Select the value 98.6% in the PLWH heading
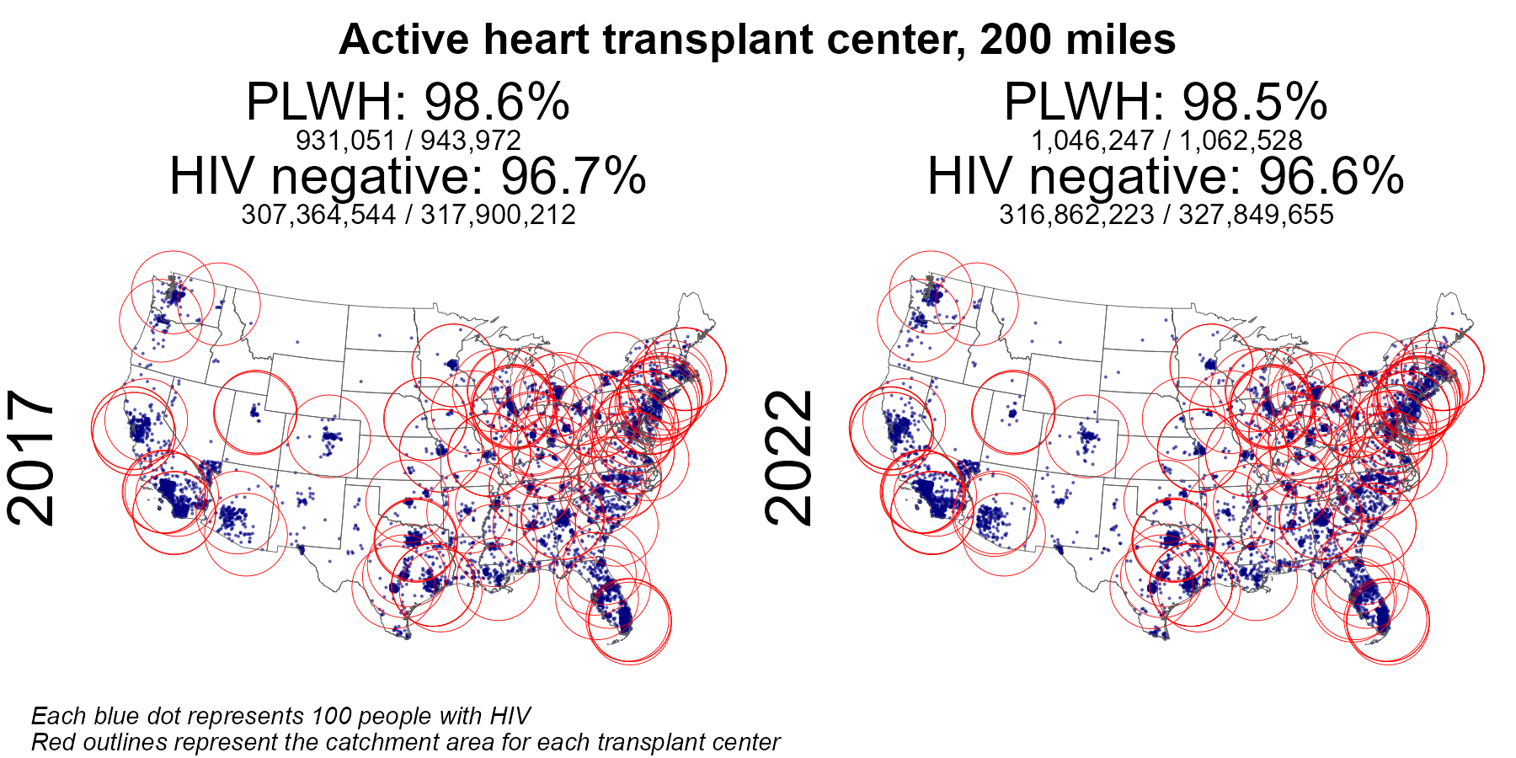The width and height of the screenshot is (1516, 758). click(496, 104)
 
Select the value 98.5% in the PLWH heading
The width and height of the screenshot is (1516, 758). click(1254, 104)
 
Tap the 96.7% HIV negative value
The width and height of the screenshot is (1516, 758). click(573, 177)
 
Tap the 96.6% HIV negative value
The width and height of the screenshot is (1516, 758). click(1331, 177)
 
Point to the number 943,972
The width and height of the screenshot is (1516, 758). click(471, 140)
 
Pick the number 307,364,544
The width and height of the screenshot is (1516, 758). click(318, 215)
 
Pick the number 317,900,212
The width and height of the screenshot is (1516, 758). click(499, 215)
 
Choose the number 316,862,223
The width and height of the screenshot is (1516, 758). click(1076, 215)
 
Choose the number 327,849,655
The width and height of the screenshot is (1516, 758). click(1257, 215)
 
